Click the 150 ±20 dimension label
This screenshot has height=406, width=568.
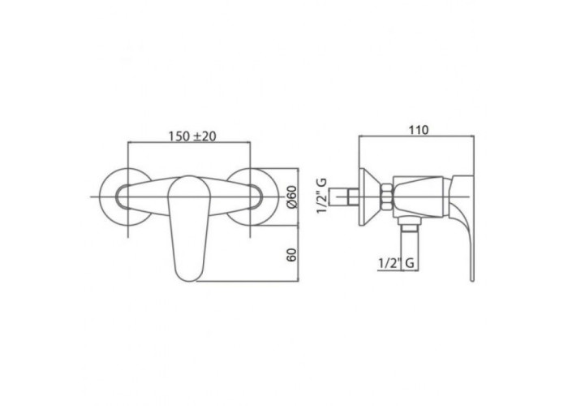click(x=192, y=136)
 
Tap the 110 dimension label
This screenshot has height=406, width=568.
click(x=419, y=129)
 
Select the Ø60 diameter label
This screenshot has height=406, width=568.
click(x=291, y=197)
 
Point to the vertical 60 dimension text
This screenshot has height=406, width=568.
click(x=291, y=255)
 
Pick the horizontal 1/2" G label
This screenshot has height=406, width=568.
click(x=396, y=262)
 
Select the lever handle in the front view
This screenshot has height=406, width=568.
click(x=188, y=228)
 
